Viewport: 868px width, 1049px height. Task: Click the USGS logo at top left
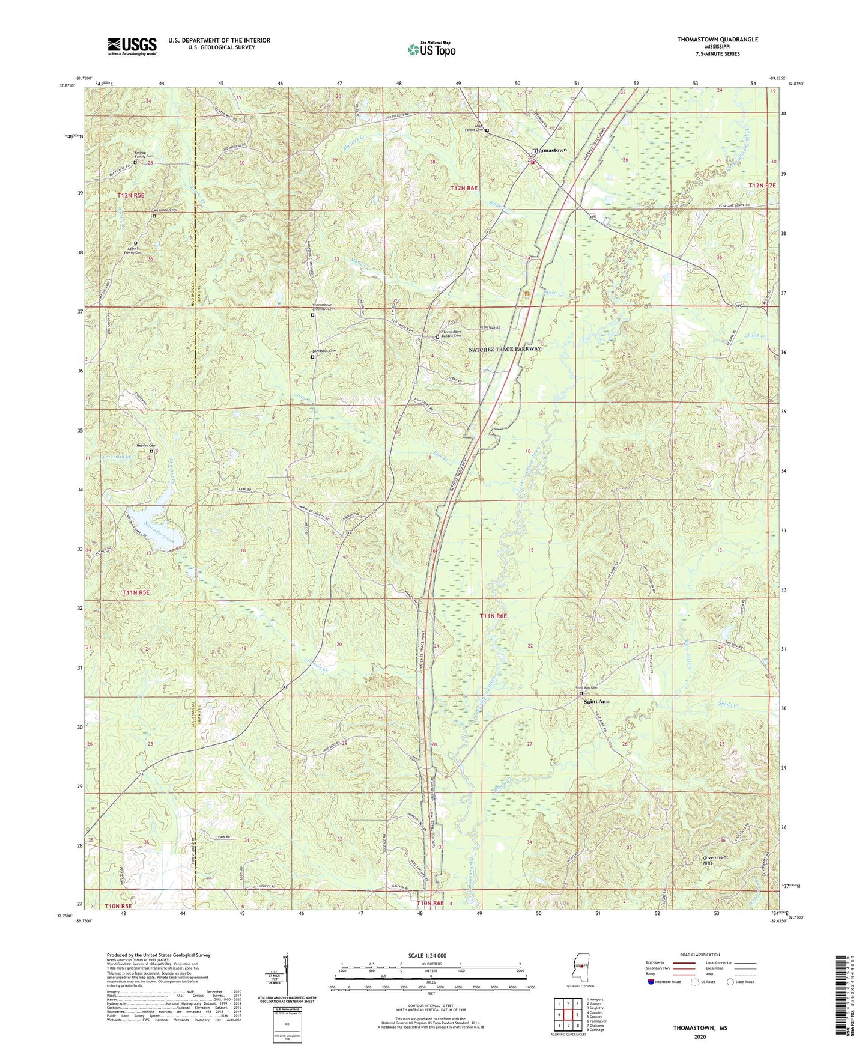pos(132,46)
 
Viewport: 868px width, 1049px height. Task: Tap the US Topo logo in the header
pos(431,49)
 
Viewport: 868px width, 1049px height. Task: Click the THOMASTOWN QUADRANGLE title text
pos(717,40)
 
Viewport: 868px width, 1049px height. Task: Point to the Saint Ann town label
pos(596,701)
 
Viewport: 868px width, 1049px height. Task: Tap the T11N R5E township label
pos(136,592)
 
